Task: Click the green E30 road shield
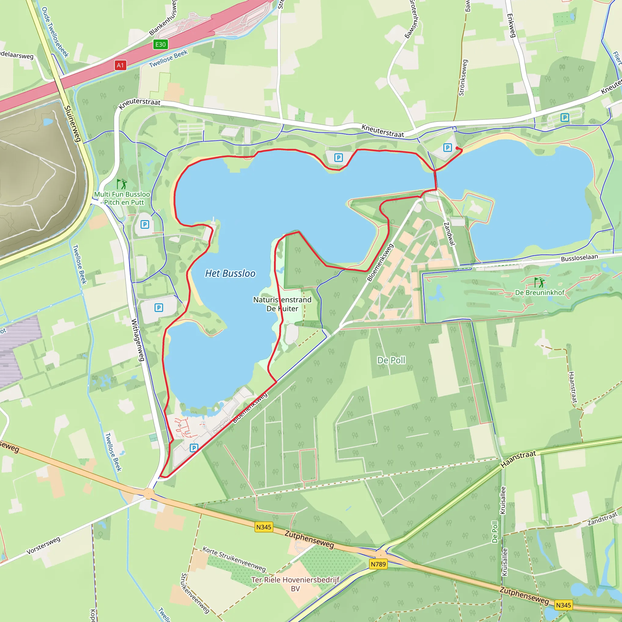coord(160,44)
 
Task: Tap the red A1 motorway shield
coord(120,65)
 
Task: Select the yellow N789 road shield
coord(378,564)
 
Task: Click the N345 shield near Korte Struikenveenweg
coord(264,527)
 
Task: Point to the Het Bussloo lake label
coord(230,273)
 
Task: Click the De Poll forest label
coord(391,360)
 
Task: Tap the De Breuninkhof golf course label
coord(540,292)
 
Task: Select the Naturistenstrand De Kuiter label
coord(282,304)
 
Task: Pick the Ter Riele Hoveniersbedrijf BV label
coord(295,584)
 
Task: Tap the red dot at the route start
coord(457,148)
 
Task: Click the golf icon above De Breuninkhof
coord(539,282)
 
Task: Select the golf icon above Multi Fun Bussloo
coord(122,184)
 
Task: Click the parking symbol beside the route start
coord(447,148)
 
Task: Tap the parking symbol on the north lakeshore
coord(338,158)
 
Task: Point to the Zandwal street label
coord(449,234)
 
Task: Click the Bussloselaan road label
coord(579,258)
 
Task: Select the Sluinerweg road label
coord(73,124)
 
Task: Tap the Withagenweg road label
coord(138,340)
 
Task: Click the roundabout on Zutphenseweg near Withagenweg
coord(149,493)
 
